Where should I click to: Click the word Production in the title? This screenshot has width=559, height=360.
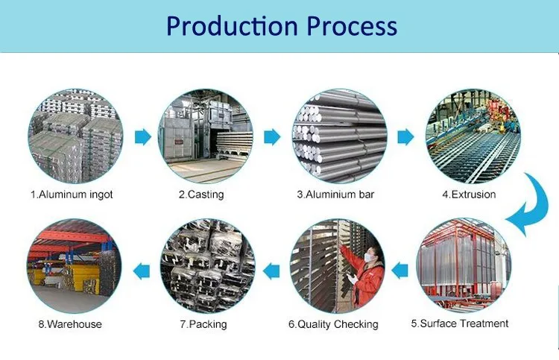(x=232, y=26)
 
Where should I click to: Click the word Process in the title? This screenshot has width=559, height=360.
(x=352, y=26)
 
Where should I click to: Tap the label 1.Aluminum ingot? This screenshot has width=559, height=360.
(x=72, y=195)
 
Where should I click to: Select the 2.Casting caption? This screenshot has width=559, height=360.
(x=201, y=195)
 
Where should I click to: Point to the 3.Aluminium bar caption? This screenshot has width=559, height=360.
(x=335, y=195)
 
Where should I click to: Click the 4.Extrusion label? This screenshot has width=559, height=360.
(x=469, y=195)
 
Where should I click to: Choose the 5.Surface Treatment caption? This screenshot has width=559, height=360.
(x=460, y=323)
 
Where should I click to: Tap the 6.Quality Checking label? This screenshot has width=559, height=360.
(x=333, y=324)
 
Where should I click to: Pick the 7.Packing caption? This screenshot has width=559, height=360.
(x=203, y=324)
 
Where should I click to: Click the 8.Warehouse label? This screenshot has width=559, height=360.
(x=70, y=324)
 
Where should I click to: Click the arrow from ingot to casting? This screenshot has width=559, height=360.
(x=143, y=137)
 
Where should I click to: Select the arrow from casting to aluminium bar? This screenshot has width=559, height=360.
(x=272, y=137)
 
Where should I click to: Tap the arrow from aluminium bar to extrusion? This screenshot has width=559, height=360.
(x=405, y=137)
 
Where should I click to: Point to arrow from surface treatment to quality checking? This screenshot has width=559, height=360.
(x=399, y=271)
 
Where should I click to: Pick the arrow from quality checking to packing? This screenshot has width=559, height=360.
(x=271, y=271)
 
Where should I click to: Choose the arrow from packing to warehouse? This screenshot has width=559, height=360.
(x=142, y=271)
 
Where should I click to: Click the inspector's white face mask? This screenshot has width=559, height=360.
(x=370, y=256)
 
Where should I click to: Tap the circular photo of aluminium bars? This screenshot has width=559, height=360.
(x=340, y=136)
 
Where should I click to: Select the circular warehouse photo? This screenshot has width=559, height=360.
(x=74, y=266)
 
